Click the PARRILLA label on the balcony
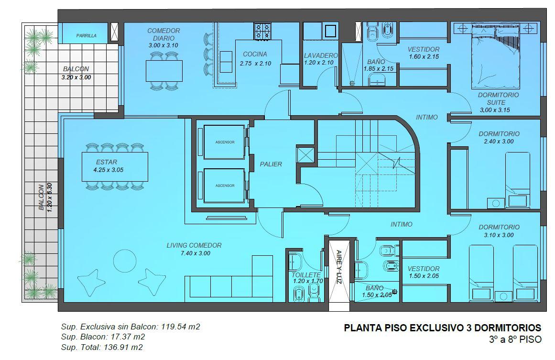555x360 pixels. point(87,35)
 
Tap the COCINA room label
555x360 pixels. point(255,54)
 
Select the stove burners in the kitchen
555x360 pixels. point(262,31)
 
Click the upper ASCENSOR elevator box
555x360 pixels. point(224,142)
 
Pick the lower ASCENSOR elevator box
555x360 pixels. point(224,185)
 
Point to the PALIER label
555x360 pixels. point(271,164)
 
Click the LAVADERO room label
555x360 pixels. point(321,55)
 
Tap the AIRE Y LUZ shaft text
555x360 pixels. point(339,267)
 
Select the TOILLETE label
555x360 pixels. point(306,275)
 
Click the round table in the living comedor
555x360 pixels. point(125,261)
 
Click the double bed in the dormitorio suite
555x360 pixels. point(496,56)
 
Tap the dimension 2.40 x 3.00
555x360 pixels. point(499,141)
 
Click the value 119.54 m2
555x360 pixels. point(181,327)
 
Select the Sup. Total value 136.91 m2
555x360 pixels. point(123,347)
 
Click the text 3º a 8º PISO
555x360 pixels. point(515,339)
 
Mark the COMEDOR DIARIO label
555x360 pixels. point(163,34)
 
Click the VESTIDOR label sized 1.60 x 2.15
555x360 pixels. point(424,50)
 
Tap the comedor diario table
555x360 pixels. point(164,71)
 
